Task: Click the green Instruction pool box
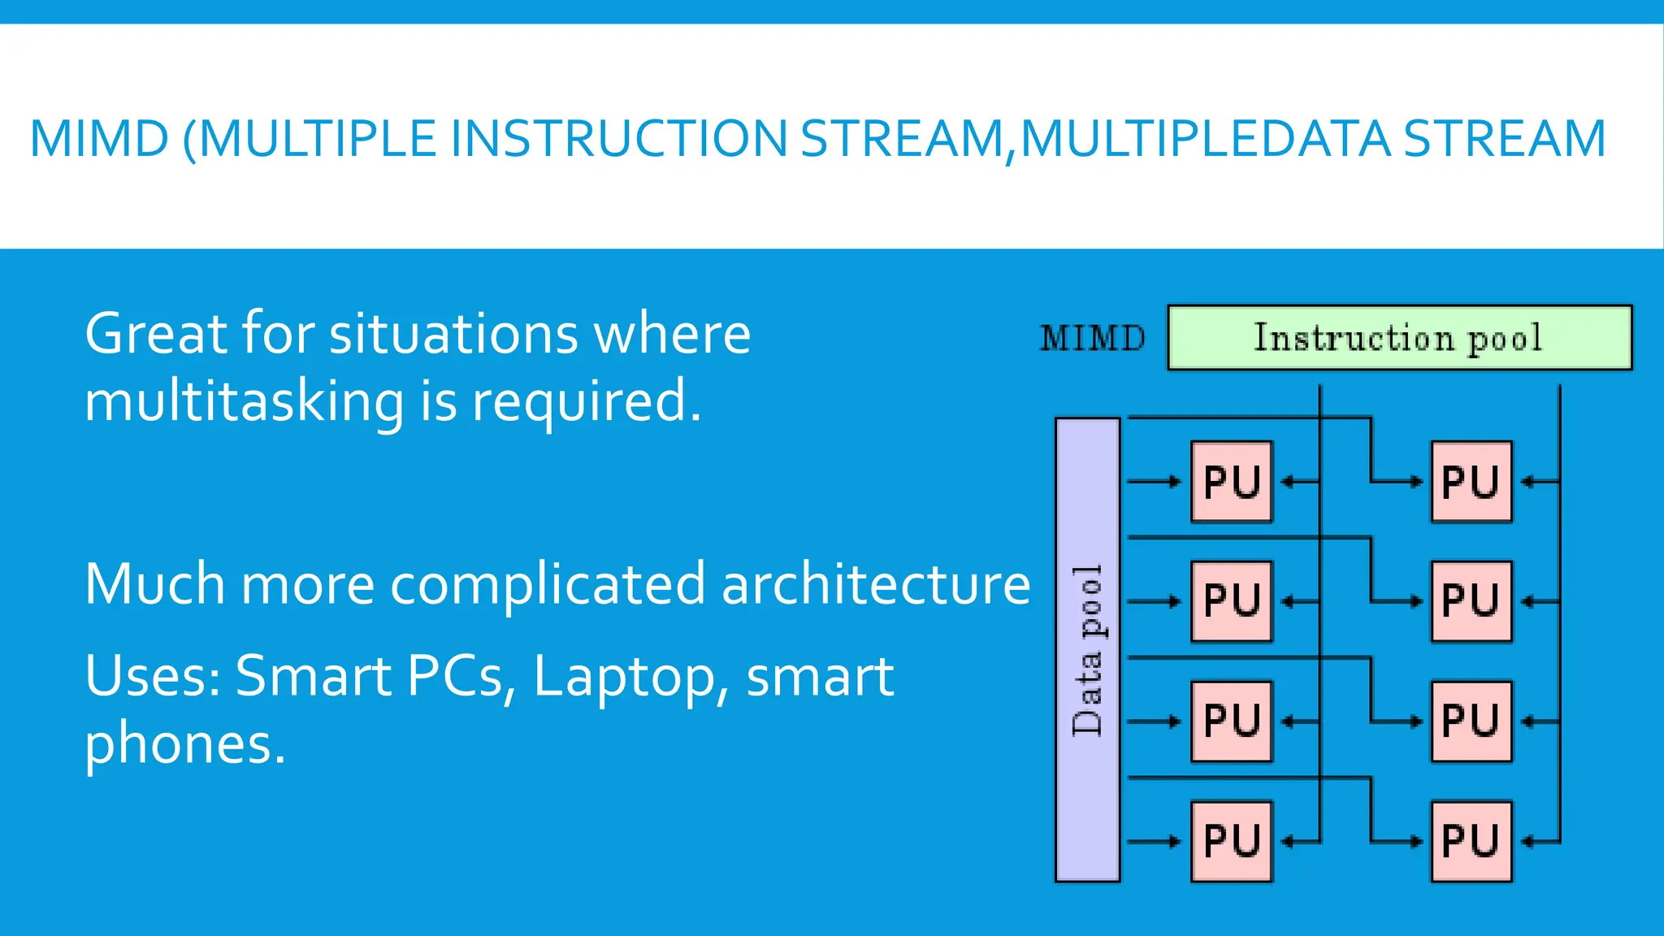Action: pyautogui.click(x=1399, y=338)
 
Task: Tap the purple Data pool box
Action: pyautogui.click(x=1087, y=650)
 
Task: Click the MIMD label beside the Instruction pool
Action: pyautogui.click(x=1092, y=338)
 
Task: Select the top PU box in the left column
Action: pyautogui.click(x=1231, y=482)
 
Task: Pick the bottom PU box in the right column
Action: pyautogui.click(x=1471, y=841)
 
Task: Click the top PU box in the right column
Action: pyautogui.click(x=1471, y=482)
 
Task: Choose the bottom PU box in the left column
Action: pyautogui.click(x=1231, y=841)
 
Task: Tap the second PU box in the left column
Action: pyautogui.click(x=1231, y=601)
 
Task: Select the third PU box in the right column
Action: pyautogui.click(x=1471, y=721)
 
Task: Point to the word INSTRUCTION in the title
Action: pyautogui.click(x=617, y=138)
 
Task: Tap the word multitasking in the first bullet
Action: pyautogui.click(x=244, y=402)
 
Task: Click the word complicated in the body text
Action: pyautogui.click(x=548, y=584)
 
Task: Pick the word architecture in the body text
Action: pyautogui.click(x=875, y=584)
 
